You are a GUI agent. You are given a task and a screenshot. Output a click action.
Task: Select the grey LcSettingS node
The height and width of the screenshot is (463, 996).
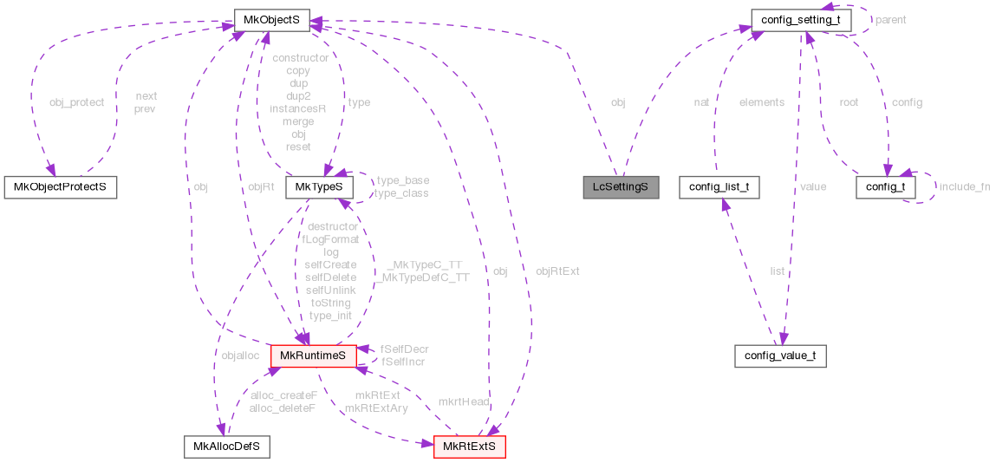[620, 186]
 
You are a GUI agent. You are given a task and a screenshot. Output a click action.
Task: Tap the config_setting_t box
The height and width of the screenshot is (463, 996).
[800, 19]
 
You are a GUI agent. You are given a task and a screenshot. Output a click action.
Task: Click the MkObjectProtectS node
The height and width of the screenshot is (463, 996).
[60, 186]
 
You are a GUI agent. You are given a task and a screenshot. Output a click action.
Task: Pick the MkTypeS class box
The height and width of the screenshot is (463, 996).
[319, 186]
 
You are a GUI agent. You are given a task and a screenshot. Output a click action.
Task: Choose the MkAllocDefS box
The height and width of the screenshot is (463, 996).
[226, 447]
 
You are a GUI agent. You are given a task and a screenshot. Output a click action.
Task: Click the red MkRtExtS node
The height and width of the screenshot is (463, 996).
[469, 447]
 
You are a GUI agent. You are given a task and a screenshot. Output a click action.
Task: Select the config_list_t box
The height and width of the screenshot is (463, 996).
[719, 186]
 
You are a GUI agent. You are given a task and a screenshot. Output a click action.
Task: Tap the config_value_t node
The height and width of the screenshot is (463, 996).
[780, 355]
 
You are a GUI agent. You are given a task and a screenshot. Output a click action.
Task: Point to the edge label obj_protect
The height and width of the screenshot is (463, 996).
[76, 102]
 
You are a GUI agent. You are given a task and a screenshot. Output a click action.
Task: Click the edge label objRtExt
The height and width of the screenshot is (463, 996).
[557, 271]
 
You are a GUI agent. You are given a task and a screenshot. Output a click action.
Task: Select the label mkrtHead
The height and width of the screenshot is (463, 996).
[464, 402]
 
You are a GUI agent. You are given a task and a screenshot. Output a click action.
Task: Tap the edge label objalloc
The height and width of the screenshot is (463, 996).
[240, 355]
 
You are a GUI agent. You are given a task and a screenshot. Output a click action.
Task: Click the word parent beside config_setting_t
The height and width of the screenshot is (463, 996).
[890, 19]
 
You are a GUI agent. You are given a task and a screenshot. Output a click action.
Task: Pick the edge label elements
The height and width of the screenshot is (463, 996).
[761, 102]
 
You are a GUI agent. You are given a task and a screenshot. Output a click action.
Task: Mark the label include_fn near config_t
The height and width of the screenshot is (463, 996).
[964, 186]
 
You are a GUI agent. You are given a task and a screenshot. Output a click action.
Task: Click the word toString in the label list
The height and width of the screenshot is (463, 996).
[330, 303]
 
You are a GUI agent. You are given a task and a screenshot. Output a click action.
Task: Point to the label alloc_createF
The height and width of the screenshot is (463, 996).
[283, 395]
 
